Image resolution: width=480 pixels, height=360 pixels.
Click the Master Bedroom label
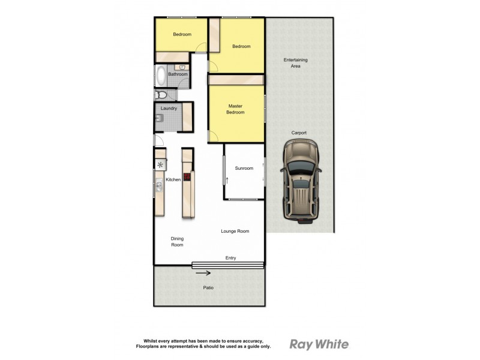pyautogui.click(x=235, y=109)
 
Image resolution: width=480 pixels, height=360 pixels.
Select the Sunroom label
pyautogui.click(x=244, y=168)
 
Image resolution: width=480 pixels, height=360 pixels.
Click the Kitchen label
pyautogui.click(x=173, y=179)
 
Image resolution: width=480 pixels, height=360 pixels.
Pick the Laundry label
pyautogui.click(x=169, y=109)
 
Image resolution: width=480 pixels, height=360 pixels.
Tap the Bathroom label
pyautogui.click(x=178, y=74)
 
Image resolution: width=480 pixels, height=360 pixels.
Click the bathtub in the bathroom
pyautogui.click(x=161, y=76)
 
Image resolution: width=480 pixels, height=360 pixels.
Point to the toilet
pyautogui.click(x=161, y=95)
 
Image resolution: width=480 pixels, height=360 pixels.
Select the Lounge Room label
pyautogui.click(x=235, y=231)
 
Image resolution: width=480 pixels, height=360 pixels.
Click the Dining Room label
pyautogui.click(x=177, y=241)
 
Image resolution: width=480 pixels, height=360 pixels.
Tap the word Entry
pyautogui.click(x=230, y=258)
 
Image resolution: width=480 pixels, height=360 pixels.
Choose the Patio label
pyautogui.click(x=208, y=288)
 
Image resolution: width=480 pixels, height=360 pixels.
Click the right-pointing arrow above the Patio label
pyautogui.click(x=203, y=274)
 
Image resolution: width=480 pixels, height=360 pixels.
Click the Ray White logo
pyautogui.click(x=319, y=344)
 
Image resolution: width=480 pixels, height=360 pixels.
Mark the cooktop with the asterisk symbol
pyautogui.click(x=160, y=165)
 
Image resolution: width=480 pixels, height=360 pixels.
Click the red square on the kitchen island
pyautogui.click(x=187, y=177)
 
